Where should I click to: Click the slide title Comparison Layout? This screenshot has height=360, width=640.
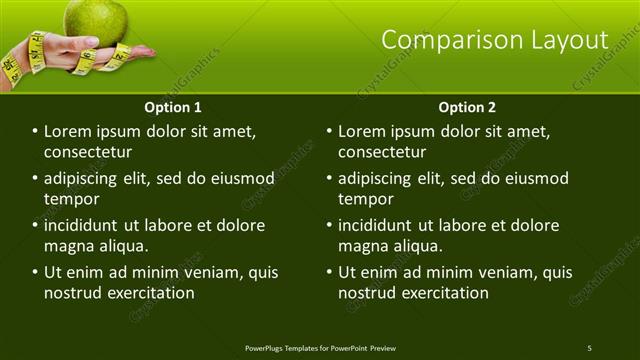point(495,40)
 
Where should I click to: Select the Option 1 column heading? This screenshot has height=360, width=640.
point(173,107)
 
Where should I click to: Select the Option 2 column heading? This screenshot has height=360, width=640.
point(467,107)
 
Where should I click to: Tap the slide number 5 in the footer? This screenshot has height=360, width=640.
point(589,348)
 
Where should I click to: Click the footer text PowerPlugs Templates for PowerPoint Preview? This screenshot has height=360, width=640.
point(320,348)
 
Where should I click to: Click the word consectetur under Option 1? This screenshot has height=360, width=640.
point(88,152)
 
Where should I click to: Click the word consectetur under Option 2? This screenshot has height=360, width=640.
point(382,152)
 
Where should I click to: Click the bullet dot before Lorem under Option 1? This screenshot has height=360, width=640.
point(35,132)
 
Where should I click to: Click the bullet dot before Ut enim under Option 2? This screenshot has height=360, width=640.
point(329,272)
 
